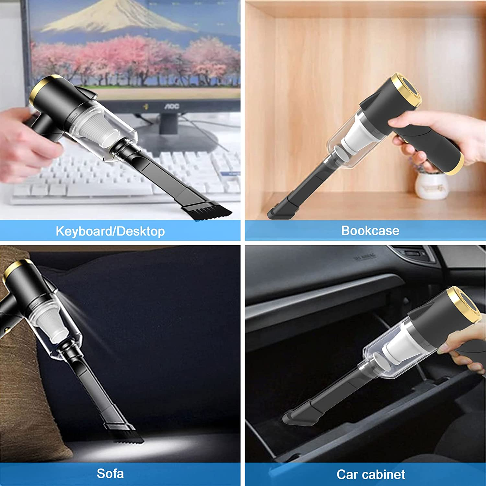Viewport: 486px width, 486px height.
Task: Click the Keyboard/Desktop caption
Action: pos(110,231)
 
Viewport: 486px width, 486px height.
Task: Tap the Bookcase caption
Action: pos(370,230)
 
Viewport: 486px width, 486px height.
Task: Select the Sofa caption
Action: pos(110,473)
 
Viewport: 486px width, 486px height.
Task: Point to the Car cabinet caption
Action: pos(371,474)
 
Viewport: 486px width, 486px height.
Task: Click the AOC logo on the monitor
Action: pos(171,106)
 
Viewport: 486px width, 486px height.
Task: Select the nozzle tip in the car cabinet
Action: pos(296,418)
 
